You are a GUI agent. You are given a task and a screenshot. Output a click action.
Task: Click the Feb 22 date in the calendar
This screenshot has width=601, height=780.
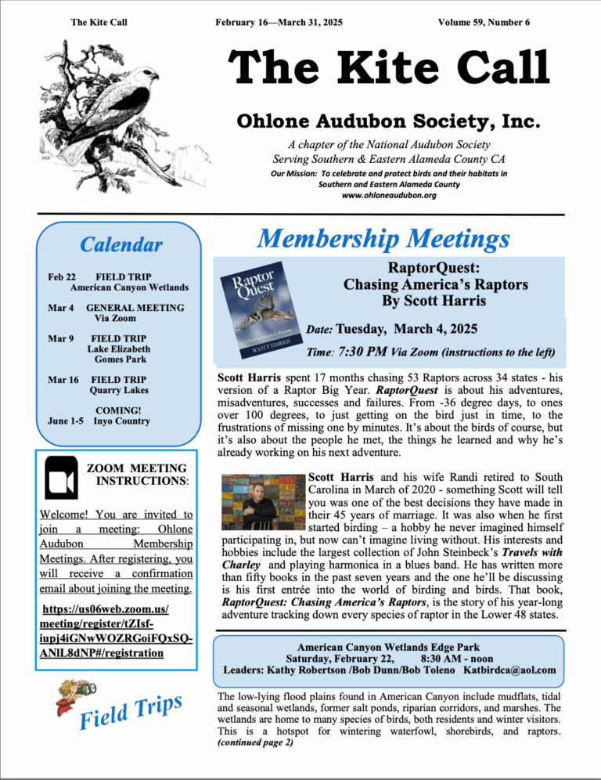click(x=62, y=276)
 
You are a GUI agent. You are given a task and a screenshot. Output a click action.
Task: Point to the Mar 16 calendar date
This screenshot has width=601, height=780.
click(x=63, y=380)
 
